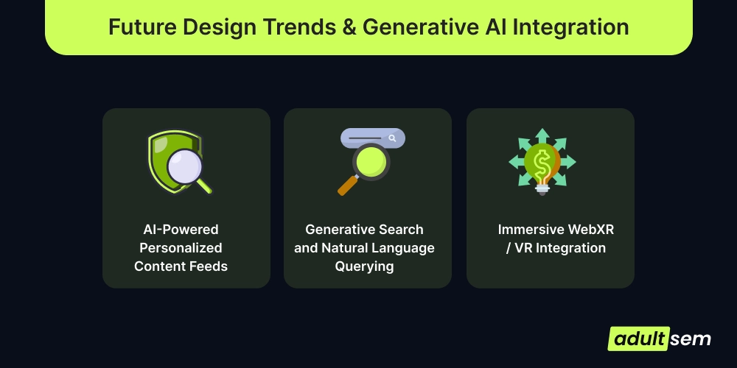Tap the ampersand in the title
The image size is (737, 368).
(347, 26)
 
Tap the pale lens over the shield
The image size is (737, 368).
(185, 166)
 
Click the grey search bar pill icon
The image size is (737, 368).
(373, 138)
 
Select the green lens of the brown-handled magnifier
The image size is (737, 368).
(371, 162)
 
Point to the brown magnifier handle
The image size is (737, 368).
(348, 185)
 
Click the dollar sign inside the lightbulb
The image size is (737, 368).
(541, 163)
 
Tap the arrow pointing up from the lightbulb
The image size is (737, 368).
(542, 135)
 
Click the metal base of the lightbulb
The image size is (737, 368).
(542, 188)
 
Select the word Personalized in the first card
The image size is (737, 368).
(181, 248)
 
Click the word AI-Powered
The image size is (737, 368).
(181, 230)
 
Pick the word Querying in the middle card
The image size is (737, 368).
(364, 266)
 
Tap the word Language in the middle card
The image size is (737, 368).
(403, 248)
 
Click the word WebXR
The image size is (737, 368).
(591, 230)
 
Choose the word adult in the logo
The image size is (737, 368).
(639, 339)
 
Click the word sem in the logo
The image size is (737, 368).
(691, 339)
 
